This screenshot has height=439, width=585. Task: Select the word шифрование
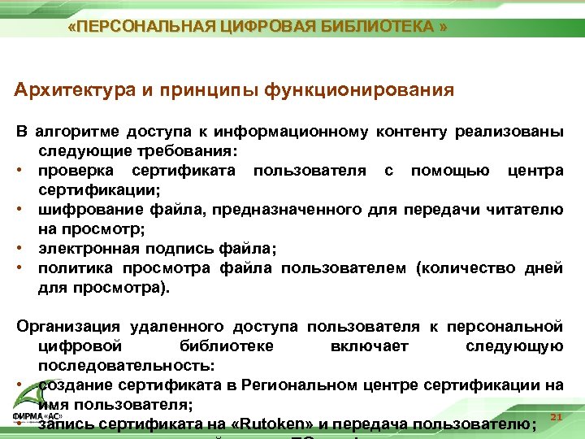click(86, 210)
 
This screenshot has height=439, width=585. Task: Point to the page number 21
click(557, 417)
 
